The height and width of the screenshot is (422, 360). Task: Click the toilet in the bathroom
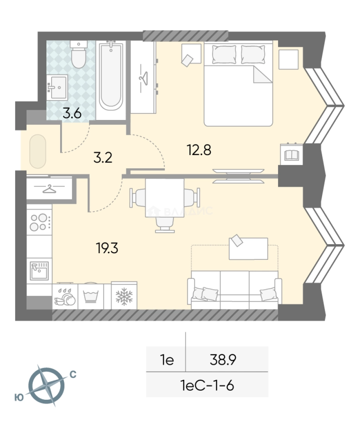tap(78, 54)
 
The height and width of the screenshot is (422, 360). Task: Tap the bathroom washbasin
tap(57, 87)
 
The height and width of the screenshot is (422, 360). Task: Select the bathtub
tap(111, 76)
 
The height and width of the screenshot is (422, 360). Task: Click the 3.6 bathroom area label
tap(72, 113)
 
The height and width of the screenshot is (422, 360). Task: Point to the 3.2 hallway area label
tap(103, 157)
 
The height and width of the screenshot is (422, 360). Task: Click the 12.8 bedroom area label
tap(199, 150)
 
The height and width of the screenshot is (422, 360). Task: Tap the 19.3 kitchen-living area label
tap(107, 248)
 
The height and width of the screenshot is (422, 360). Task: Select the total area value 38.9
tap(223, 359)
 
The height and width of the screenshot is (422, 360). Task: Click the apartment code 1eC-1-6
tap(207, 385)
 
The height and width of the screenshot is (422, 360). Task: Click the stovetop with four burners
tap(39, 222)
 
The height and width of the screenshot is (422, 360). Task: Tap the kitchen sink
tap(39, 270)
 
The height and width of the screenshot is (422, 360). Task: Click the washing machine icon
tap(91, 296)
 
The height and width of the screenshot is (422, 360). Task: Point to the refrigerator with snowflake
tap(124, 296)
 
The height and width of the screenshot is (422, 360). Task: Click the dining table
tap(164, 198)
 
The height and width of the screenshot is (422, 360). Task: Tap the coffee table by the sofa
tap(248, 249)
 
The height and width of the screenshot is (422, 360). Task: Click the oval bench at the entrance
tap(37, 151)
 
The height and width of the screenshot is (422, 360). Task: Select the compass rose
tap(46, 386)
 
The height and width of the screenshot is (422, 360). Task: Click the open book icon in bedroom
tap(291, 155)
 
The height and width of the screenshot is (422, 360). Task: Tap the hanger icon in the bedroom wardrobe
tap(144, 78)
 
